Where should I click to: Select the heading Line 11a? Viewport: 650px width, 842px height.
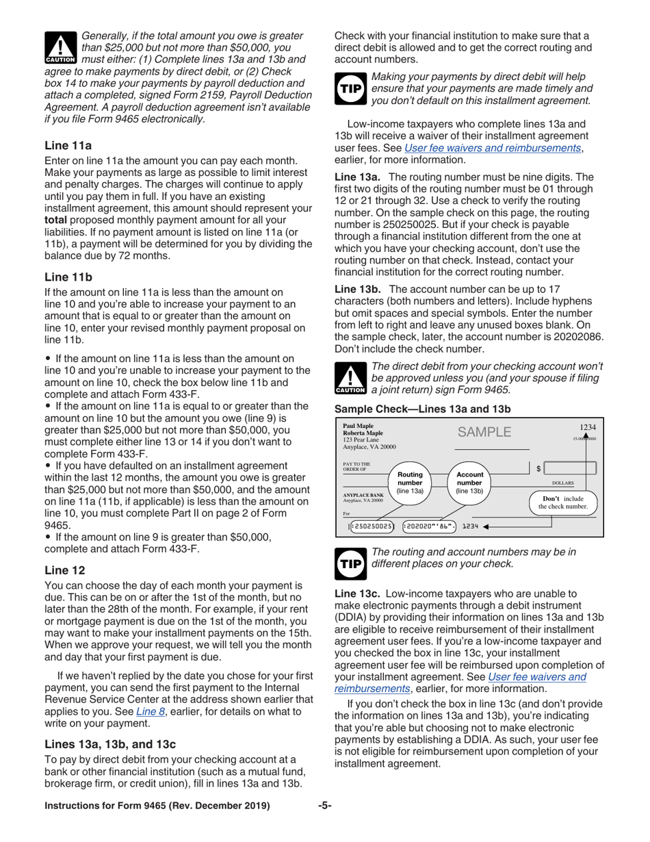click(68, 145)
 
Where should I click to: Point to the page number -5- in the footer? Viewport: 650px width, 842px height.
click(324, 806)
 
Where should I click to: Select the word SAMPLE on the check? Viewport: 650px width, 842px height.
click(484, 431)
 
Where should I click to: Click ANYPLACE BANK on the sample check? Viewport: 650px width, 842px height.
click(363, 494)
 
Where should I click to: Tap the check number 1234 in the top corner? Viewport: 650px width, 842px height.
click(587, 426)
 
